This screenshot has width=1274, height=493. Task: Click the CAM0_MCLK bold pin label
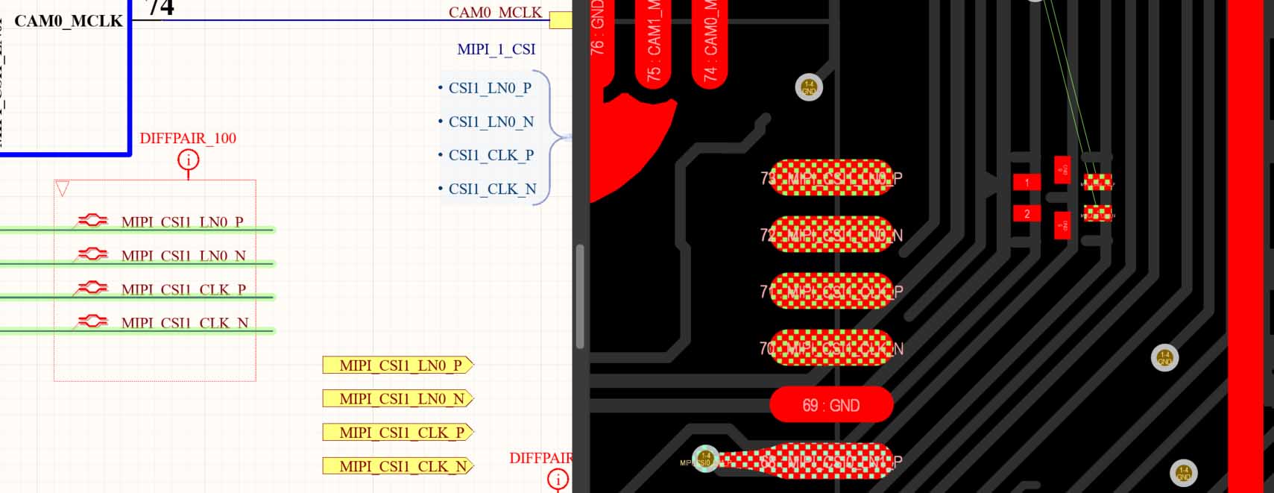[69, 21]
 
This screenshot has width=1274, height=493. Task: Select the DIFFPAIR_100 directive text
[188, 138]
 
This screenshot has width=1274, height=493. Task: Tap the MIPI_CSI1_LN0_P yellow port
[397, 365]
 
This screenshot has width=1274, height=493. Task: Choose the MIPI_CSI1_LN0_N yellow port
[397, 399]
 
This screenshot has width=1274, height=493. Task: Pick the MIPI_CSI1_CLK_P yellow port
[397, 433]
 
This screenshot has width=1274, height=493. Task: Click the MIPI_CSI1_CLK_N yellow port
[397, 466]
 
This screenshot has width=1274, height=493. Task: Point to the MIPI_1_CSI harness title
[496, 49]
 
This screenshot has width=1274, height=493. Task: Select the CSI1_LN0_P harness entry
[490, 88]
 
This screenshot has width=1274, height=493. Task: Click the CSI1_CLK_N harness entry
[492, 189]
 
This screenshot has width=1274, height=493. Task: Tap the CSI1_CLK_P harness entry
[491, 155]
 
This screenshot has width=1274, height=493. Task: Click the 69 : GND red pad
[831, 405]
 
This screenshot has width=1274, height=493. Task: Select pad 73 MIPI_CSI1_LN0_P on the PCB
[830, 178]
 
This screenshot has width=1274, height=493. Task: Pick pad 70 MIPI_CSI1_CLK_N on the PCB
[830, 348]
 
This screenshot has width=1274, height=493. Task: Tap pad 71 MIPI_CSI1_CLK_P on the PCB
[830, 291]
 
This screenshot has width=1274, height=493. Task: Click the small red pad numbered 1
[1027, 182]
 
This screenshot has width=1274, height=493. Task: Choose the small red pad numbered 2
[1027, 214]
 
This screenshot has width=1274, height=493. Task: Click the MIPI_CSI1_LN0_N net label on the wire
[183, 256]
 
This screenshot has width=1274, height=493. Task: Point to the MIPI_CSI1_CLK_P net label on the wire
[183, 289]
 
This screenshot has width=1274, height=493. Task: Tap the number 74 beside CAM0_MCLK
[160, 7]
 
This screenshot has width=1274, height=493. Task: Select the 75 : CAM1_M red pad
[654, 45]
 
